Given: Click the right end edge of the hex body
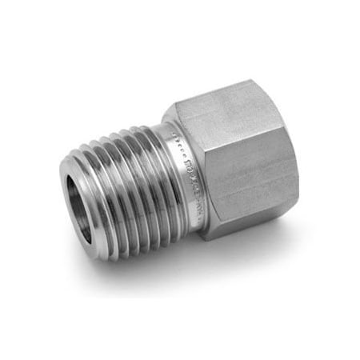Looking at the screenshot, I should point(297,160).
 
